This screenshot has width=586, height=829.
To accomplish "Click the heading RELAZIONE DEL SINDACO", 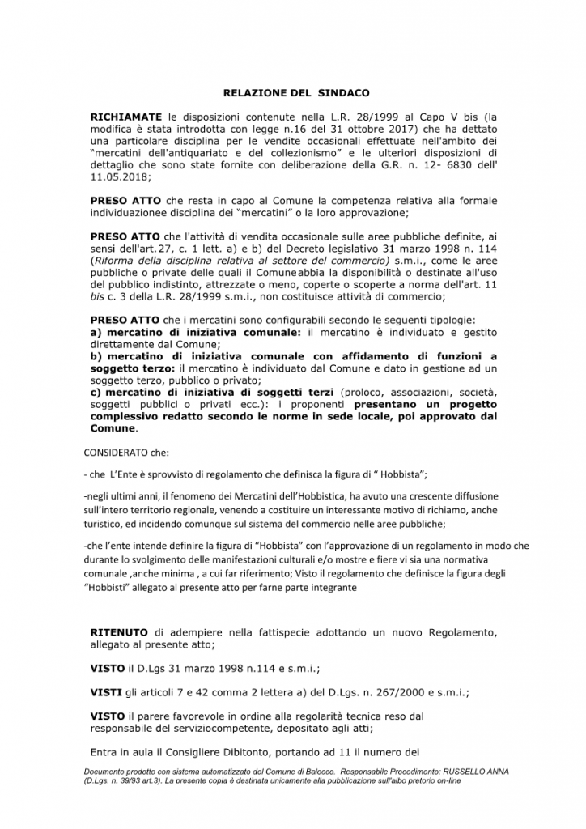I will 295,94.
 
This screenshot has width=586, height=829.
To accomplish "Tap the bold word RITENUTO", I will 118,631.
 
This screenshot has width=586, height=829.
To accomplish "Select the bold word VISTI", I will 107,692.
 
